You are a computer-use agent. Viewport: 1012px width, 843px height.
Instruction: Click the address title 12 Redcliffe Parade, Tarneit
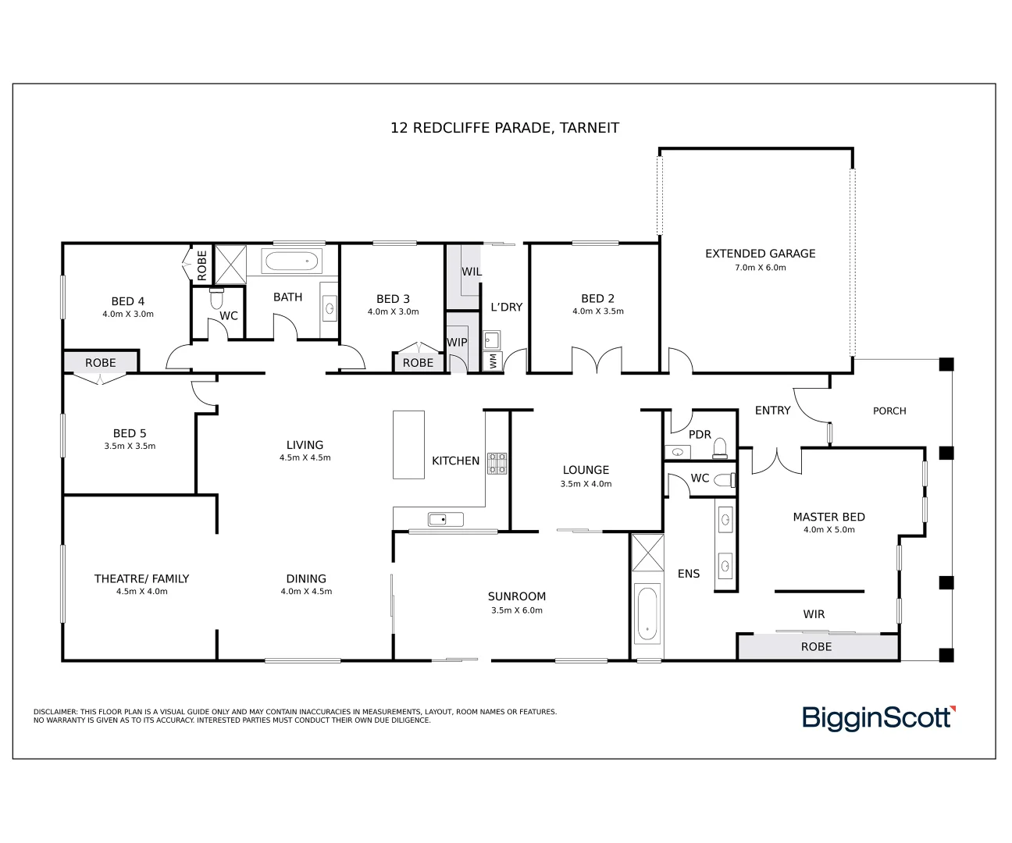click(x=504, y=128)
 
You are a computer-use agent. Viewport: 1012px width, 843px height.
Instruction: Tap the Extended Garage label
click(x=760, y=254)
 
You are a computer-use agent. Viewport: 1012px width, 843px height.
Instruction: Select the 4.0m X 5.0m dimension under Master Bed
click(x=828, y=529)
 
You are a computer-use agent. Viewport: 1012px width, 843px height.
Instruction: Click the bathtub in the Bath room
click(x=292, y=262)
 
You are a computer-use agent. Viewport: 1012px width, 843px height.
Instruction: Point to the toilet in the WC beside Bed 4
click(x=216, y=298)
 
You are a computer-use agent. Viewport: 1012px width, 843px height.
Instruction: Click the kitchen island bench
click(x=408, y=445)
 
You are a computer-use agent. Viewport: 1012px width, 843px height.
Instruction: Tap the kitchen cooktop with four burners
click(x=497, y=463)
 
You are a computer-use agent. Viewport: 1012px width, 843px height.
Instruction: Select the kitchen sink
click(x=445, y=520)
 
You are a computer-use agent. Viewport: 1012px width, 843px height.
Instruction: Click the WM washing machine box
click(x=494, y=361)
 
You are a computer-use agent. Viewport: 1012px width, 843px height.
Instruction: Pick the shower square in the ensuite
click(x=648, y=553)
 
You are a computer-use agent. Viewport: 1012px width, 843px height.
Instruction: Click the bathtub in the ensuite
click(x=647, y=614)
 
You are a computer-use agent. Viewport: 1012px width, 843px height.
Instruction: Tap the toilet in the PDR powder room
click(x=720, y=449)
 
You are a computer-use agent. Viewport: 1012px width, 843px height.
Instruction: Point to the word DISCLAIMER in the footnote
click(x=55, y=712)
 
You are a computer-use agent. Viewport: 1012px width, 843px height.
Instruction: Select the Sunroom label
click(x=517, y=596)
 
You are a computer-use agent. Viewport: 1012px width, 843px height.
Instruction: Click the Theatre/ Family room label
click(x=141, y=578)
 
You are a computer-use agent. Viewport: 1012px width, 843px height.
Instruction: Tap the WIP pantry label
click(x=457, y=342)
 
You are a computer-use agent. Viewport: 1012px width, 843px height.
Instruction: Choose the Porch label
click(x=889, y=411)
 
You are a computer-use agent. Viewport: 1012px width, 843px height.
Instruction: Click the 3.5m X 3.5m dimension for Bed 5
click(x=130, y=446)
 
